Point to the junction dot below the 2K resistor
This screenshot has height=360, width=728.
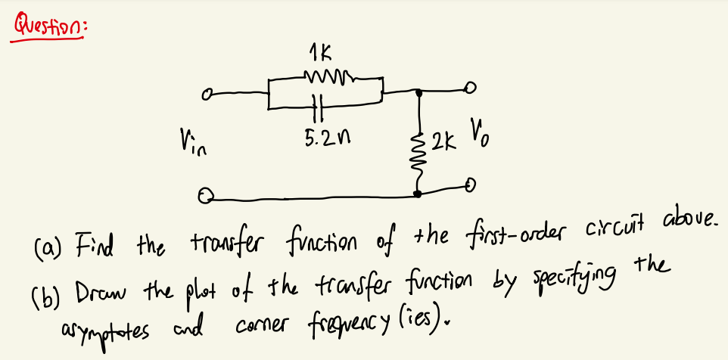(419, 194)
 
